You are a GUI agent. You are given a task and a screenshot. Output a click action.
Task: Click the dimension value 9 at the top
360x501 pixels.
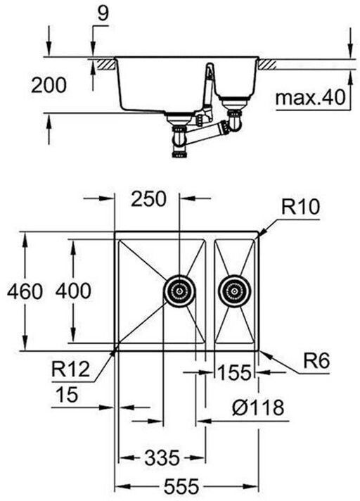(103, 14)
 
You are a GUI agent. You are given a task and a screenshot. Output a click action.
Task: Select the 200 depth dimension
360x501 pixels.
(49, 85)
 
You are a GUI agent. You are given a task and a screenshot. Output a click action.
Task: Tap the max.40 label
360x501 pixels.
(310, 97)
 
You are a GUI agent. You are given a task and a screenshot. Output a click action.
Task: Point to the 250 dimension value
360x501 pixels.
(149, 198)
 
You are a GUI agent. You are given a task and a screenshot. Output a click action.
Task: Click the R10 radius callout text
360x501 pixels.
(300, 207)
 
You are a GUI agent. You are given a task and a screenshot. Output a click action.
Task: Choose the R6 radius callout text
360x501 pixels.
(316, 361)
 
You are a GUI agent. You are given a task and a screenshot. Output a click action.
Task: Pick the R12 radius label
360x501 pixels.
(71, 369)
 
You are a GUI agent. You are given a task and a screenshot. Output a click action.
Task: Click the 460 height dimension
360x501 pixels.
(25, 291)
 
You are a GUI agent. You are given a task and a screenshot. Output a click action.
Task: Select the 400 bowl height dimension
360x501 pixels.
(73, 291)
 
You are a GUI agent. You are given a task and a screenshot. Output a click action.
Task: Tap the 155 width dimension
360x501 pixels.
(235, 372)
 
